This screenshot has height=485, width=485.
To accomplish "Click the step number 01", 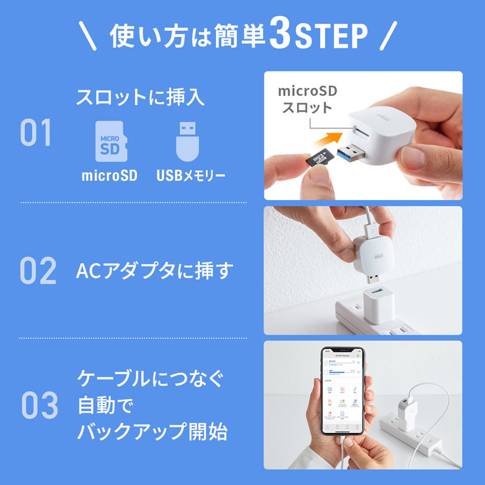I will (x=36, y=133).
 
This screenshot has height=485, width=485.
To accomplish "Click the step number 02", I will (x=38, y=271).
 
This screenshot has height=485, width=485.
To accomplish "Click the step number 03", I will (x=39, y=406).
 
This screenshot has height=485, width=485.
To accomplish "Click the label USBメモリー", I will (x=190, y=176).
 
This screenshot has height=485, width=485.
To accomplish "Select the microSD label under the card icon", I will (x=110, y=176).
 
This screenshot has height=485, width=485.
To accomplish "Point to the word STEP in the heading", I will (x=332, y=37).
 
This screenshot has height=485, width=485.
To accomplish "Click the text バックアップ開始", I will (x=152, y=432).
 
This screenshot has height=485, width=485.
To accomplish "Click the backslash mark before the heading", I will (x=88, y=36).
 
